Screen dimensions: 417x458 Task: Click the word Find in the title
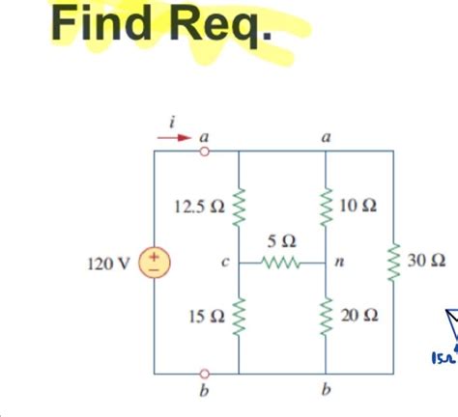99,25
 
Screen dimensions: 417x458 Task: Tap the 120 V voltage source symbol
155,261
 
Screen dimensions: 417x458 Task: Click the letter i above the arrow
171,119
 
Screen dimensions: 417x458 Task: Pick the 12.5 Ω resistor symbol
239,206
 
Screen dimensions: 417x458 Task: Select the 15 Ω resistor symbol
239,315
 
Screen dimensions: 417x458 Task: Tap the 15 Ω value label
207,316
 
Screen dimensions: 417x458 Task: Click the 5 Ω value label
282,239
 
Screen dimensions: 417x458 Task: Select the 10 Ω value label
358,207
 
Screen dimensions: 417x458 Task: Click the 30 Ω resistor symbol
393,261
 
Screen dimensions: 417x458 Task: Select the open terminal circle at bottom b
204,372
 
